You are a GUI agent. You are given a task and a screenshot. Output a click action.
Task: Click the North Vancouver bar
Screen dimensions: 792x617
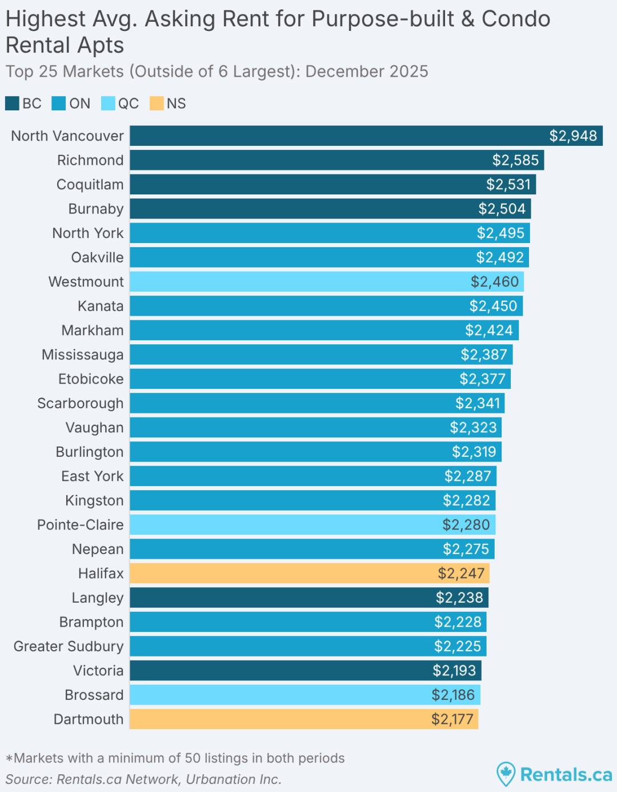point(366,136)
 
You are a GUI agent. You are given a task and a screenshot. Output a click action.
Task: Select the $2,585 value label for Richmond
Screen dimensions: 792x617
point(515,160)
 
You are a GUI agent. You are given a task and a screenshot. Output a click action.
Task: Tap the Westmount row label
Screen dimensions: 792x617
point(86,282)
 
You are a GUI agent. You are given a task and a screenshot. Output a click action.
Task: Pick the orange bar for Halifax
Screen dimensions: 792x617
point(309,573)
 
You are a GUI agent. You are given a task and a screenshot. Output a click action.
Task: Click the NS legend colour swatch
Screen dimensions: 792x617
point(157,104)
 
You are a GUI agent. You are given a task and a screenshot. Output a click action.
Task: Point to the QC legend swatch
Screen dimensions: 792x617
point(108,104)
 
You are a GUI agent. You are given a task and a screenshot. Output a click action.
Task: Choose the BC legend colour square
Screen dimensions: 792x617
point(12,104)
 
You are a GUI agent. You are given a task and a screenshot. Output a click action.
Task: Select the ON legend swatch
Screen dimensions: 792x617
point(59,104)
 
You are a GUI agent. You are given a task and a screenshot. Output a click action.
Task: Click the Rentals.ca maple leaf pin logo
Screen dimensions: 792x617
point(506,774)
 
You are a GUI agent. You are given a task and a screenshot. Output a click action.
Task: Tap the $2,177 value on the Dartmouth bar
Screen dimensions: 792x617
point(452,719)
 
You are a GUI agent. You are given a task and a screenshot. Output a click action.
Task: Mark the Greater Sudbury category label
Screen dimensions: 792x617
point(69,646)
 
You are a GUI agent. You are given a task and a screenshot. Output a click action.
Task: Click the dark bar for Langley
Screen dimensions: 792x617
point(308,598)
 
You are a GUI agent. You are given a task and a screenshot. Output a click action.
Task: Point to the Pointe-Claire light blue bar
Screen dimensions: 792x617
point(312,524)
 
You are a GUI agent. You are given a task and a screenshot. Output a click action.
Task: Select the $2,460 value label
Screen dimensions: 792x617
point(494,282)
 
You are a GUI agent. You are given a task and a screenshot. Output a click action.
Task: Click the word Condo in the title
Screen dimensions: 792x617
point(516,19)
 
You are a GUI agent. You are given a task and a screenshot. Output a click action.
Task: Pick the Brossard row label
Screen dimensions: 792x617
point(94,695)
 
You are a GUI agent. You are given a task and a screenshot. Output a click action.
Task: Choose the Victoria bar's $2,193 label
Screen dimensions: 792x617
point(454,671)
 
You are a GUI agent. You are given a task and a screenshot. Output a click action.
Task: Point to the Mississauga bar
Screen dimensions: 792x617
point(320,355)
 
